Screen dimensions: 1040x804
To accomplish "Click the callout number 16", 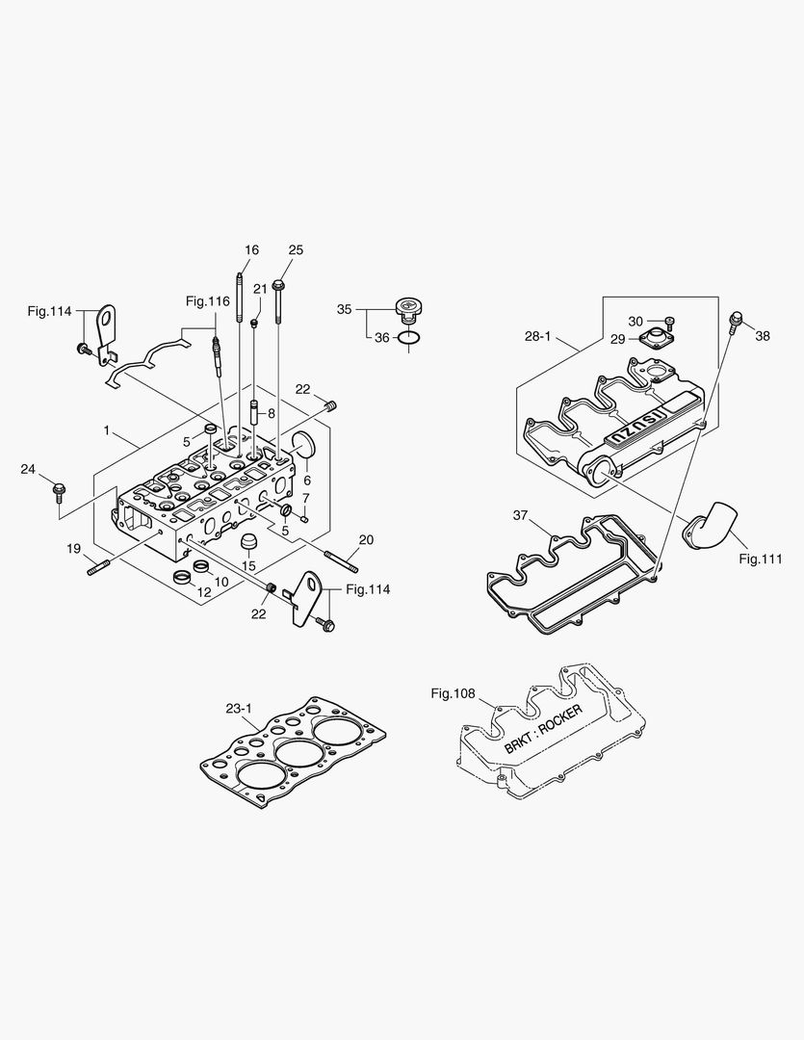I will click(251, 250).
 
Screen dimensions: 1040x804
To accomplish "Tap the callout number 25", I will click(296, 250).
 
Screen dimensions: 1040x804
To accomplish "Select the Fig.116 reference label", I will click(208, 301).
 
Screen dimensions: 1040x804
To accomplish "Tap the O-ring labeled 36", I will click(408, 339).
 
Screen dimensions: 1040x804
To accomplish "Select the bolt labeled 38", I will click(737, 320).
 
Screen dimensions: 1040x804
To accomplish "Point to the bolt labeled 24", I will click(59, 492).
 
